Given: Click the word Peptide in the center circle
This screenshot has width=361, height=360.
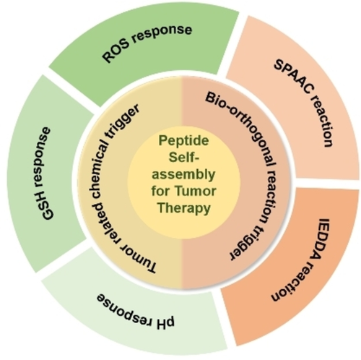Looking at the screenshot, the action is [x=183, y=140].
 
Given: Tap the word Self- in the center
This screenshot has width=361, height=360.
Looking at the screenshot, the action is [x=184, y=157].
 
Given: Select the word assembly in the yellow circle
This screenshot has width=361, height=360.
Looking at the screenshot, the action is [x=183, y=174].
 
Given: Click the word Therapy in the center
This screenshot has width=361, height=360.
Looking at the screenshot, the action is [x=184, y=208].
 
